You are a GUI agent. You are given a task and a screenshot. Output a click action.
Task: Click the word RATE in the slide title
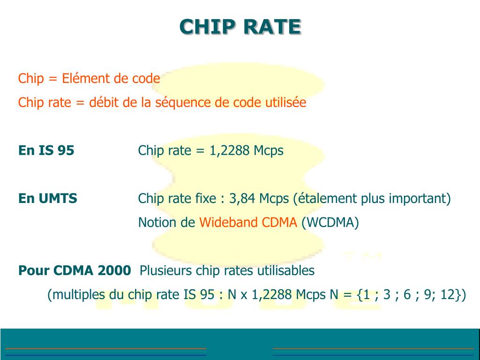[x=272, y=27]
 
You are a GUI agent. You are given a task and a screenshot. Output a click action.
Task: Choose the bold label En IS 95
[x=46, y=150]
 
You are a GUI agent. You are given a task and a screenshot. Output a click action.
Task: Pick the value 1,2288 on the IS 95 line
[x=229, y=150]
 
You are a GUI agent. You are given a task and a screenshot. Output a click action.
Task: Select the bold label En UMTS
[x=48, y=198]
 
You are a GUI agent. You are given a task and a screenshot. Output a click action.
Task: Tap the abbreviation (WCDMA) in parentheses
[x=330, y=222]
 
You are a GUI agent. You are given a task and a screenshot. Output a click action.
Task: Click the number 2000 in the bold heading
[x=114, y=270]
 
